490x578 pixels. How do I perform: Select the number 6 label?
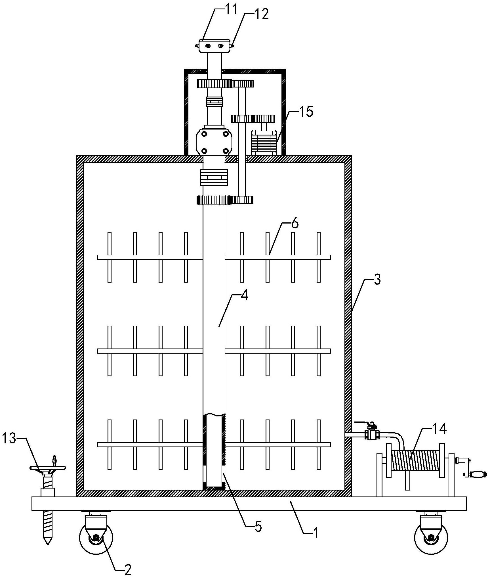[x=295, y=224]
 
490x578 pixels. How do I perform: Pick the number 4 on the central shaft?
[x=245, y=296]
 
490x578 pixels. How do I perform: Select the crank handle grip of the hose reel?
[x=478, y=474]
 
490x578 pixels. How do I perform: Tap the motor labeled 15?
[x=264, y=143]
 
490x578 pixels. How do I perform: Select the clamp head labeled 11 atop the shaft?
[x=214, y=46]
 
